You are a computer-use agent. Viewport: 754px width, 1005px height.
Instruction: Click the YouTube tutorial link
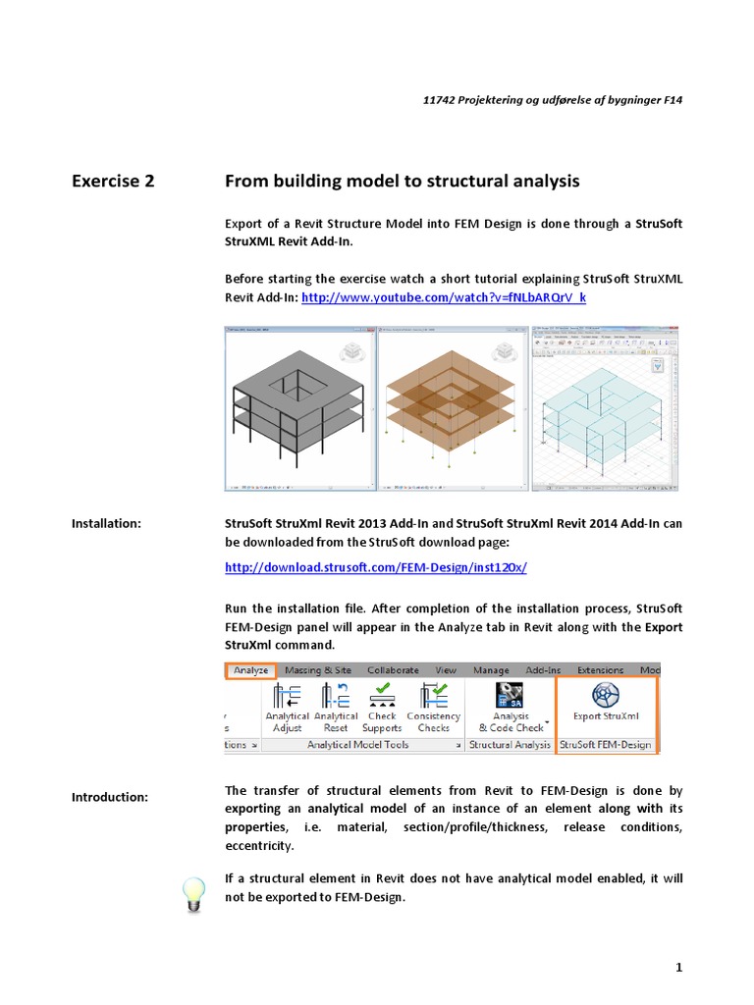[x=444, y=296]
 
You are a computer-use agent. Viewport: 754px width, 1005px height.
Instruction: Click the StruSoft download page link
[x=376, y=567]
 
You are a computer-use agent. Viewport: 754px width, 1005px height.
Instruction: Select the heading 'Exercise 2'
[x=113, y=181]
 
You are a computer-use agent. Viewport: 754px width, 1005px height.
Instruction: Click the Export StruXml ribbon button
[x=606, y=702]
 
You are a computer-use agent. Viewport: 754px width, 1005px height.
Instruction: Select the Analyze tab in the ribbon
[x=251, y=670]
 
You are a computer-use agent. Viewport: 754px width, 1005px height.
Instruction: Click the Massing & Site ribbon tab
[x=316, y=670]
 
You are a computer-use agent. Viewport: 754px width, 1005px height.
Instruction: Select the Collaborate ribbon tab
[x=393, y=670]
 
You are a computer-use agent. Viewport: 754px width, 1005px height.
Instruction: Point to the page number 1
[x=677, y=968]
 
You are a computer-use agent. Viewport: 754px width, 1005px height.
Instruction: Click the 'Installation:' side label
[x=106, y=524]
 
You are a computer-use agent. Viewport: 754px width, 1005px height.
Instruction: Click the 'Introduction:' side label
[x=109, y=797]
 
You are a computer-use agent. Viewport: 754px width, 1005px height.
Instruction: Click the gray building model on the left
[x=300, y=408]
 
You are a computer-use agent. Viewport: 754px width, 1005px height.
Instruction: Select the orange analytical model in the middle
[x=453, y=408]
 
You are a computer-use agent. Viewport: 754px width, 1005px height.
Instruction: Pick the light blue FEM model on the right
[x=604, y=408]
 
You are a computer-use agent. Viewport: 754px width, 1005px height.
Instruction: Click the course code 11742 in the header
[x=439, y=100]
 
